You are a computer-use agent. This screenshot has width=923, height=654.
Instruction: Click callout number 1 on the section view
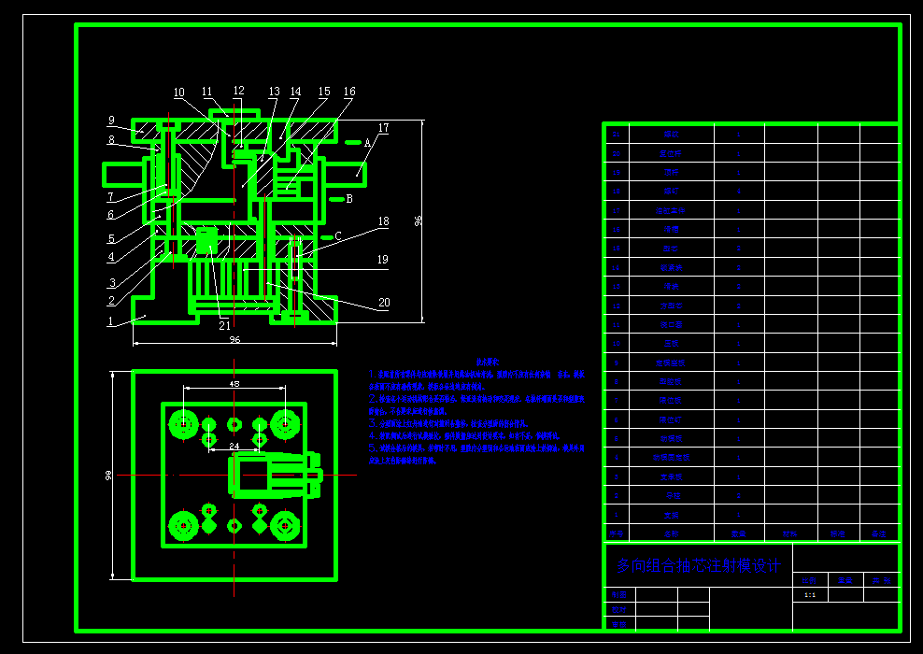click(110, 321)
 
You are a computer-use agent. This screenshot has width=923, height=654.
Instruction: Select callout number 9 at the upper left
click(111, 121)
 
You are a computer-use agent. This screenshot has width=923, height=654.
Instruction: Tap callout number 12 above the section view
click(239, 92)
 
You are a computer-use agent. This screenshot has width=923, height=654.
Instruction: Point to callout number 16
click(349, 92)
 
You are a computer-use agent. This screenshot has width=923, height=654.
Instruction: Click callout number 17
click(383, 128)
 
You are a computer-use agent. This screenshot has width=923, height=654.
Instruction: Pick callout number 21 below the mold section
click(224, 326)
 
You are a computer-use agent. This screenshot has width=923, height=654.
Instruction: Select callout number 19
click(383, 260)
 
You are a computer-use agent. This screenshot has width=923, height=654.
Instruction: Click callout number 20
click(384, 303)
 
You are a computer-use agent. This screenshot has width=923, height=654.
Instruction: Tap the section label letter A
click(368, 143)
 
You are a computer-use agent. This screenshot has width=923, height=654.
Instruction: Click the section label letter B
click(349, 199)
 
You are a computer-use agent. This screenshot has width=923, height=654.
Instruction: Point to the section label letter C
click(339, 237)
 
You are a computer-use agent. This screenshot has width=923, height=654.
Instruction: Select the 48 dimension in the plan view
click(234, 384)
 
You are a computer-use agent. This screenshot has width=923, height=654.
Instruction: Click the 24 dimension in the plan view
click(234, 446)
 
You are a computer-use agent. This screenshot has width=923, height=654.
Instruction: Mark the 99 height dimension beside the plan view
click(109, 476)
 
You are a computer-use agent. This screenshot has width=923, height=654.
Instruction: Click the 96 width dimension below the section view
click(234, 340)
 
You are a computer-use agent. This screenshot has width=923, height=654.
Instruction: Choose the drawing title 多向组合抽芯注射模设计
click(698, 566)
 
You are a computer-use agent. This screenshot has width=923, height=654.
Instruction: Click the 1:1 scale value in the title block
click(809, 594)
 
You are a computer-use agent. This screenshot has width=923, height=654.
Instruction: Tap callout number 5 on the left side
click(111, 239)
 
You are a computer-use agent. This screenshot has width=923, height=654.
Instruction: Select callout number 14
click(295, 92)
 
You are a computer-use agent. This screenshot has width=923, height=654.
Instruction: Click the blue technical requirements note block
click(478, 411)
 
